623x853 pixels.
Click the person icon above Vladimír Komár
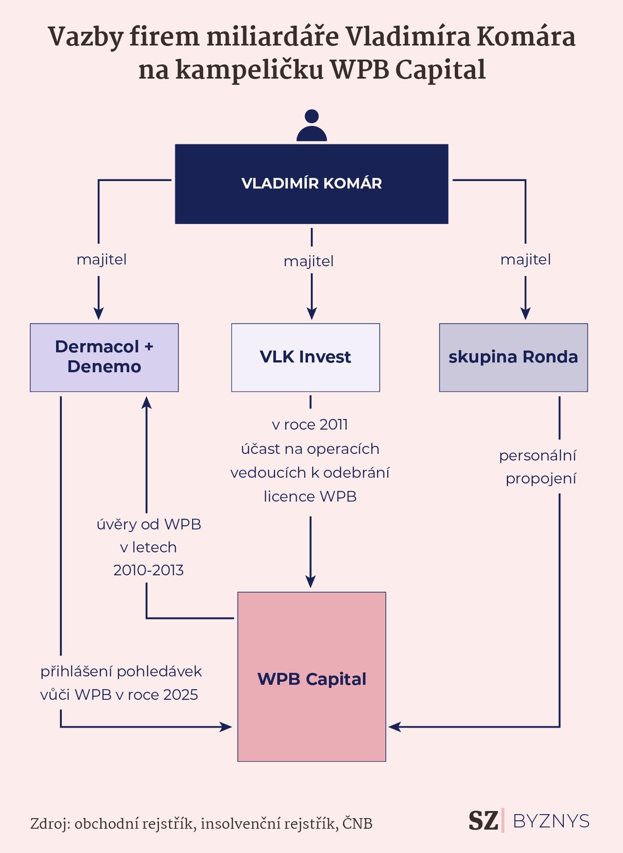(x=311, y=125)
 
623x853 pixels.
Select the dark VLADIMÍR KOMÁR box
(x=311, y=184)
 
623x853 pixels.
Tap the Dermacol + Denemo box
(x=104, y=358)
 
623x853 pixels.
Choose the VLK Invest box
(x=306, y=358)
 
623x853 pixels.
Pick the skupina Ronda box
(x=513, y=358)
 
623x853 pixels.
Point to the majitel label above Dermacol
(x=102, y=260)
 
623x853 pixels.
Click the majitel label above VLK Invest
(x=309, y=261)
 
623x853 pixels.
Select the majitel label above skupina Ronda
(x=525, y=260)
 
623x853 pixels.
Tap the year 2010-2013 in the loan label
(x=148, y=570)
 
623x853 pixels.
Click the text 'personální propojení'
(x=538, y=467)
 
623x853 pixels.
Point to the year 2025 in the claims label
(x=180, y=695)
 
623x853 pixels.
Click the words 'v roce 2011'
(x=310, y=425)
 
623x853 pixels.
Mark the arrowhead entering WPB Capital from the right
(x=395, y=727)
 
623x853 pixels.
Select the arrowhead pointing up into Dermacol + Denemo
(x=146, y=402)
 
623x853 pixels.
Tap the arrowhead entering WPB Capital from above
(x=311, y=581)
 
